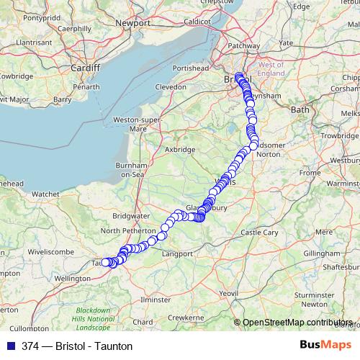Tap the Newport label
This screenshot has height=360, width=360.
[132, 23]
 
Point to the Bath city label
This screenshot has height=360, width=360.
[299, 109]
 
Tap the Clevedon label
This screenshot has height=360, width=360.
[171, 86]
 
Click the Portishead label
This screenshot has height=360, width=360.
[189, 67]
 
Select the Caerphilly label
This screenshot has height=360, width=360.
[75, 28]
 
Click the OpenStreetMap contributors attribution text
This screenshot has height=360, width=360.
[298, 323]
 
